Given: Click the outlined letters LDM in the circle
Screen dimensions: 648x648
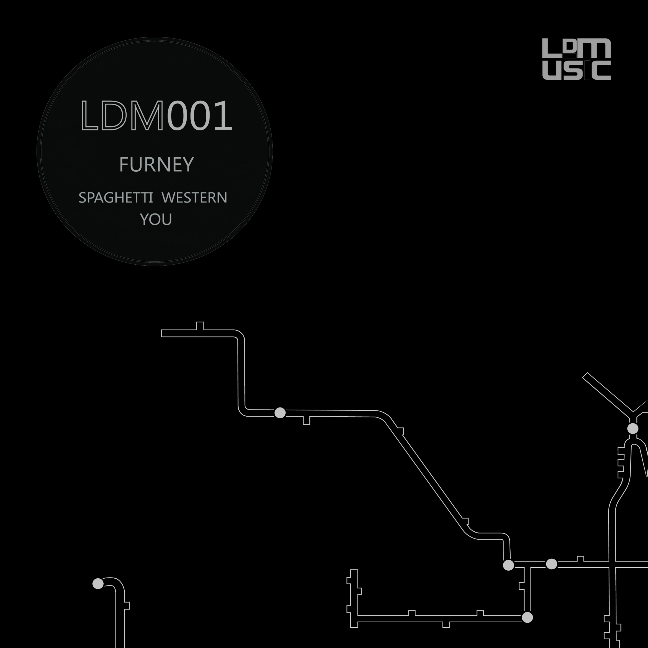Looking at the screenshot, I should [122, 115].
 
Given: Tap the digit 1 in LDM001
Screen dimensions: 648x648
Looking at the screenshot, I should [223, 115].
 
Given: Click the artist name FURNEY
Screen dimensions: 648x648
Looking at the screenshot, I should [157, 164].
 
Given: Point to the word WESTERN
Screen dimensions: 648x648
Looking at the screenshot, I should [194, 198].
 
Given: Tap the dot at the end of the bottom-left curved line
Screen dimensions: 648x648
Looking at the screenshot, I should [98, 583].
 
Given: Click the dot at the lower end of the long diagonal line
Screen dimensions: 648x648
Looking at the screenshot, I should [508, 565].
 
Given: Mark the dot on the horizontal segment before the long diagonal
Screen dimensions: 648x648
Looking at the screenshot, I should [280, 413].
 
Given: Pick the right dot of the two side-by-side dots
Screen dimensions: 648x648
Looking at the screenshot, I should [552, 564].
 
